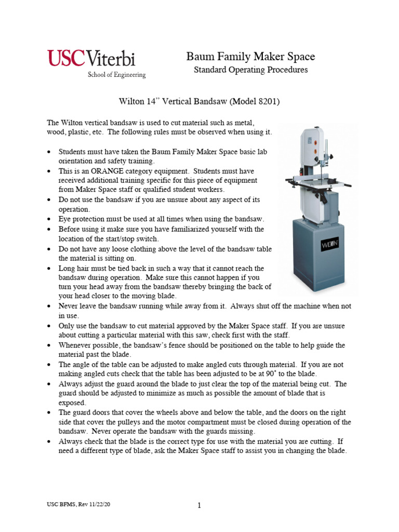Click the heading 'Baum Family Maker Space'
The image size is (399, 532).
(x=250, y=57)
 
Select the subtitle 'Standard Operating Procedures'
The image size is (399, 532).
(x=250, y=70)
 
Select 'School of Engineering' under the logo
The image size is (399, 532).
(x=116, y=75)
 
